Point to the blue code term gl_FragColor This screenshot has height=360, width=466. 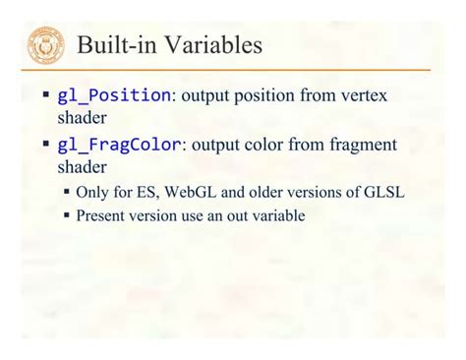point(119,145)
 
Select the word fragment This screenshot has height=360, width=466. point(361,145)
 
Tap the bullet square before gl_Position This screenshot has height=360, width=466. point(45,95)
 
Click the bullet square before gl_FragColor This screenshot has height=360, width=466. point(45,145)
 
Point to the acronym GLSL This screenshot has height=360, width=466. point(382,192)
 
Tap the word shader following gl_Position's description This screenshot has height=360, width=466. point(80,118)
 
